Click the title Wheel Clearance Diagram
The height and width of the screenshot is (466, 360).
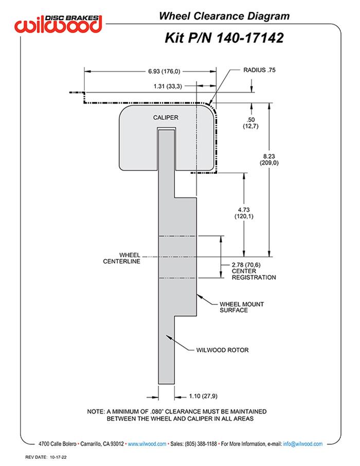224,16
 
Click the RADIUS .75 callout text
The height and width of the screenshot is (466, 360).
260,70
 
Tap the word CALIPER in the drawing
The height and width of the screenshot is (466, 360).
166,118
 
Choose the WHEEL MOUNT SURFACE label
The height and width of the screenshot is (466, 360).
241,307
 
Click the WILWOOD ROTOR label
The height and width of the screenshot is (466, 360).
222,350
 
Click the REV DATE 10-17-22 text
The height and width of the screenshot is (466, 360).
44,456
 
